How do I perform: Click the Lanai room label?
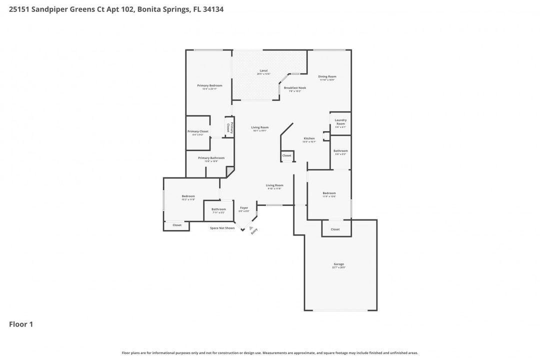[x=263, y=71]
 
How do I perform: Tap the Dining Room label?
[x=327, y=77]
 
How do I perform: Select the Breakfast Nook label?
[x=294, y=88]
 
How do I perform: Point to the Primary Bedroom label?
[x=209, y=86]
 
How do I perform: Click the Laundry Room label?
[x=340, y=122]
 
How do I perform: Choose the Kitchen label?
[x=309, y=139]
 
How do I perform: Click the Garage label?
[x=339, y=264]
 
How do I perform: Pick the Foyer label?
[x=244, y=208]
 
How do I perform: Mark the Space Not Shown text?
[x=222, y=228]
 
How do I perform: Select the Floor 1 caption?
[x=21, y=324]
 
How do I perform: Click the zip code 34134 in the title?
[x=213, y=9]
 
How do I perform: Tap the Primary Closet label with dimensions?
[x=198, y=132]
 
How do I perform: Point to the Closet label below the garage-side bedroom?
[x=335, y=229]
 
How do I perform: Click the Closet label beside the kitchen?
[x=286, y=156]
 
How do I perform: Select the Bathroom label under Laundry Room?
[x=340, y=151]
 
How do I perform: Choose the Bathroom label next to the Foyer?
[x=218, y=209]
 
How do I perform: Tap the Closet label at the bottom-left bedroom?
[x=177, y=225]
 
